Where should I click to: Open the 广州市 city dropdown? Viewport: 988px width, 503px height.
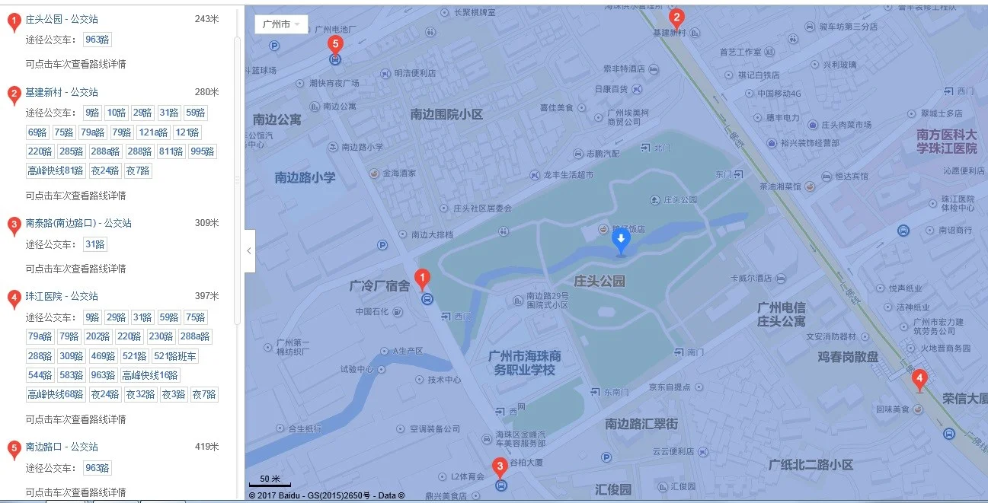(281, 24)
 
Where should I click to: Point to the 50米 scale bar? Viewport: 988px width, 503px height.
(265, 481)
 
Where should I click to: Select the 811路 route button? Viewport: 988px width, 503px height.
(171, 151)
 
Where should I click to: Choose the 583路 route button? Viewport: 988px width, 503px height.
(71, 375)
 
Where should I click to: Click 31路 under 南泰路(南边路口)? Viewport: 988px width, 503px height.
(95, 244)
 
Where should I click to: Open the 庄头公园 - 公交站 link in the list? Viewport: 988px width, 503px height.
(62, 19)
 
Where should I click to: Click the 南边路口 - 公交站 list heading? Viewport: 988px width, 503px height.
(62, 447)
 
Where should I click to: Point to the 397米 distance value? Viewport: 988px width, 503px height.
(206, 296)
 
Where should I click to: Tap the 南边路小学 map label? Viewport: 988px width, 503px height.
(305, 177)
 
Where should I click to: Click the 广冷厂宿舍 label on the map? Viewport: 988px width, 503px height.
(379, 286)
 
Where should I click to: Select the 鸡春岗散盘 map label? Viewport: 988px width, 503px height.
(848, 356)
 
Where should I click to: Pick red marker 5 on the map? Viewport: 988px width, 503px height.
(334, 44)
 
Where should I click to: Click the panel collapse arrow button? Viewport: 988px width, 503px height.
(249, 250)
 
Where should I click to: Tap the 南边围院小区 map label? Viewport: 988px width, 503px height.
(446, 114)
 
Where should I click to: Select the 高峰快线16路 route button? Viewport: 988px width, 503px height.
(150, 375)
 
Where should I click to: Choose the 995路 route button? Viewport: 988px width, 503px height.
(203, 151)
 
